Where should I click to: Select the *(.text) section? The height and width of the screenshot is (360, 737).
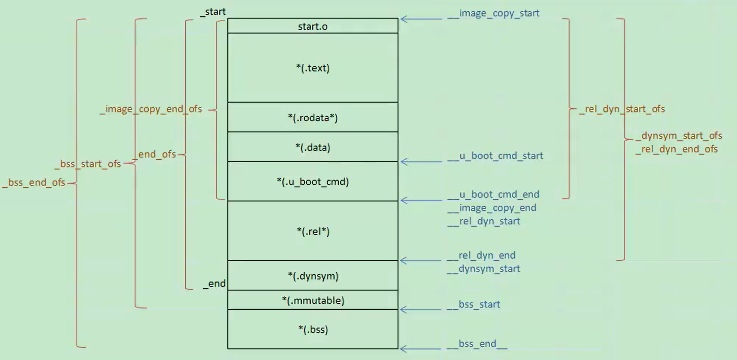coord(313,68)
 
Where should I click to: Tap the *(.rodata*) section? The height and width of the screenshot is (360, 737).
coord(313,118)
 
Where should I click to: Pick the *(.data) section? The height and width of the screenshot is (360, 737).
coord(313,147)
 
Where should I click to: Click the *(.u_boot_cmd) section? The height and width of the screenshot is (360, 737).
coord(313,182)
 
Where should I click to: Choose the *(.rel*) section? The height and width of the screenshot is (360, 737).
coord(313,231)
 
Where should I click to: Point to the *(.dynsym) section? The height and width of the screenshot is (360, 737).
coord(313,276)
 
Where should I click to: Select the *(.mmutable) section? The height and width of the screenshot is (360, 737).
coord(313,300)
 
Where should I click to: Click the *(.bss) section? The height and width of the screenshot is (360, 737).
coord(313,329)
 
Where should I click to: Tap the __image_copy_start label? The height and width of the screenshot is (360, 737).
coord(493,13)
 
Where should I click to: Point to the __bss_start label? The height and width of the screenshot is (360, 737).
coord(474,304)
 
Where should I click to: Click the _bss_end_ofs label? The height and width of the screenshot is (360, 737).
coord(34,182)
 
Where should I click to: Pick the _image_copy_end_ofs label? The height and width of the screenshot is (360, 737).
coord(151,109)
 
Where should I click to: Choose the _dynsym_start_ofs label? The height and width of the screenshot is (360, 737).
coord(679,136)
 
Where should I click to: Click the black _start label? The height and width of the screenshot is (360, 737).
coord(213,12)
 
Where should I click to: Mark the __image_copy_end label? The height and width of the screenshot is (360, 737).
coord(492,208)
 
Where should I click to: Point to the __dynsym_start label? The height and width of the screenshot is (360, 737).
coord(483,269)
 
